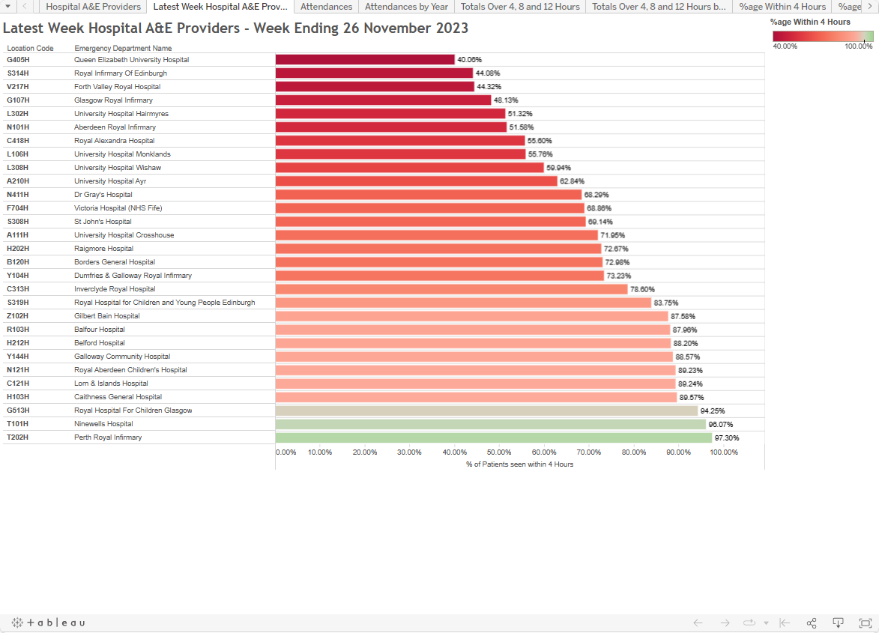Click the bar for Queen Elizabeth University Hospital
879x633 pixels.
click(365, 60)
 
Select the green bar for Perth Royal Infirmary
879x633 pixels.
click(493, 437)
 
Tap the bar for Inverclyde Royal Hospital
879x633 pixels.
click(451, 289)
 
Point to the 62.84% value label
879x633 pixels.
click(572, 181)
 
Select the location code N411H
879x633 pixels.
click(18, 195)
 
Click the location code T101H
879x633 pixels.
click(18, 424)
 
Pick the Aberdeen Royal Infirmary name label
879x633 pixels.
click(104, 127)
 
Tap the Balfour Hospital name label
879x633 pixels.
click(99, 330)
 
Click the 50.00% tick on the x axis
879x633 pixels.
click(499, 452)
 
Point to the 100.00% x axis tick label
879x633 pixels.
click(723, 452)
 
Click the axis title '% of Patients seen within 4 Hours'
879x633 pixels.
click(519, 464)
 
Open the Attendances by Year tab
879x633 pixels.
click(406, 7)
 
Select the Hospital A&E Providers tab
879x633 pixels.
click(93, 7)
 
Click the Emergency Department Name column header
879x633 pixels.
click(123, 49)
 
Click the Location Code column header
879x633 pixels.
click(30, 49)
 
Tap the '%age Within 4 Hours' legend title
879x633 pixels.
click(810, 22)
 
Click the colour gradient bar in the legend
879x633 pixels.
click(823, 36)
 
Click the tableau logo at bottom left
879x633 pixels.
click(48, 623)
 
